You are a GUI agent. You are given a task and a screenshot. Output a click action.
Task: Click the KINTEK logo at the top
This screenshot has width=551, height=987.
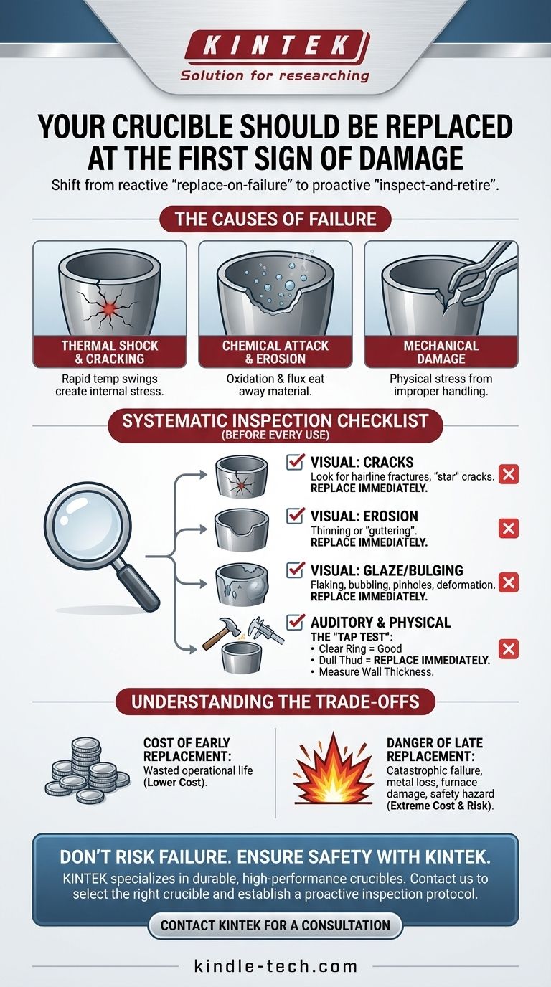(x=277, y=46)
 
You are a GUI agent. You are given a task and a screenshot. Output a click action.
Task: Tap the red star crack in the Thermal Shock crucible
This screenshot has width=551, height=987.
(x=108, y=309)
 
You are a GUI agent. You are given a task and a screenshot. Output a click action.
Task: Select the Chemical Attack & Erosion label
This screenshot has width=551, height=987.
(x=275, y=352)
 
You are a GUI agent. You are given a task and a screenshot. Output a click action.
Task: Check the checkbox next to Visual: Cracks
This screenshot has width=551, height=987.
(x=295, y=461)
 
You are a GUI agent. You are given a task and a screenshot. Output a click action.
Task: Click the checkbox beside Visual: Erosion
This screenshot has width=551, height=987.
(x=295, y=515)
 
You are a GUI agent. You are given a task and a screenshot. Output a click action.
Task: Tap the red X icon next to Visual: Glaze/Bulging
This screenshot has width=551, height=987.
(x=508, y=582)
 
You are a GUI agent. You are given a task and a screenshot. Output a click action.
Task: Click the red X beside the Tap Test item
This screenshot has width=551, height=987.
(x=508, y=648)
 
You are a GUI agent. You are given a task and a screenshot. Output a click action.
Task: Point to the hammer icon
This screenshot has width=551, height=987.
(x=221, y=632)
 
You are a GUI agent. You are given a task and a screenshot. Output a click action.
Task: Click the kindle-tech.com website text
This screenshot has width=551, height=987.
(x=275, y=966)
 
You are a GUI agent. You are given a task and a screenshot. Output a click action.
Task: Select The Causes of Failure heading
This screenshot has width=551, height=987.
(x=275, y=219)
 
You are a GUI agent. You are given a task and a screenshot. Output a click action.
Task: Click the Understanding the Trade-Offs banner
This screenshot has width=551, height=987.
(x=275, y=701)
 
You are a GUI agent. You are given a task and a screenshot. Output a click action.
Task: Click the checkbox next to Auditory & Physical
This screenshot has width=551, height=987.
(x=295, y=622)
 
